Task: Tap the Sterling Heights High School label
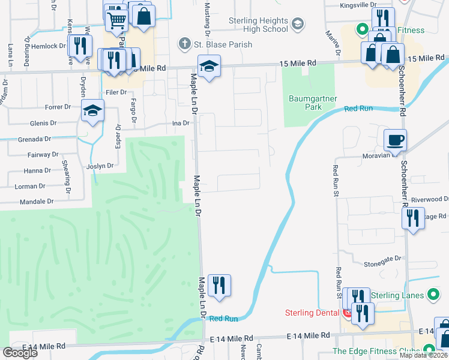(259, 25)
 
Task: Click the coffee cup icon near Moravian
(395, 140)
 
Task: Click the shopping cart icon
(116, 20)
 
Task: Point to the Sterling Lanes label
(397, 295)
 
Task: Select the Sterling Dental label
(312, 313)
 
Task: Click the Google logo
(20, 353)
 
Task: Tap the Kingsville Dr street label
(358, 5)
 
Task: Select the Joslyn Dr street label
(100, 166)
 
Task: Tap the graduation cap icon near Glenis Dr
(93, 110)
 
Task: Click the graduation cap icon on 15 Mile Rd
(209, 66)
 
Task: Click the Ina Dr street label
(181, 123)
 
